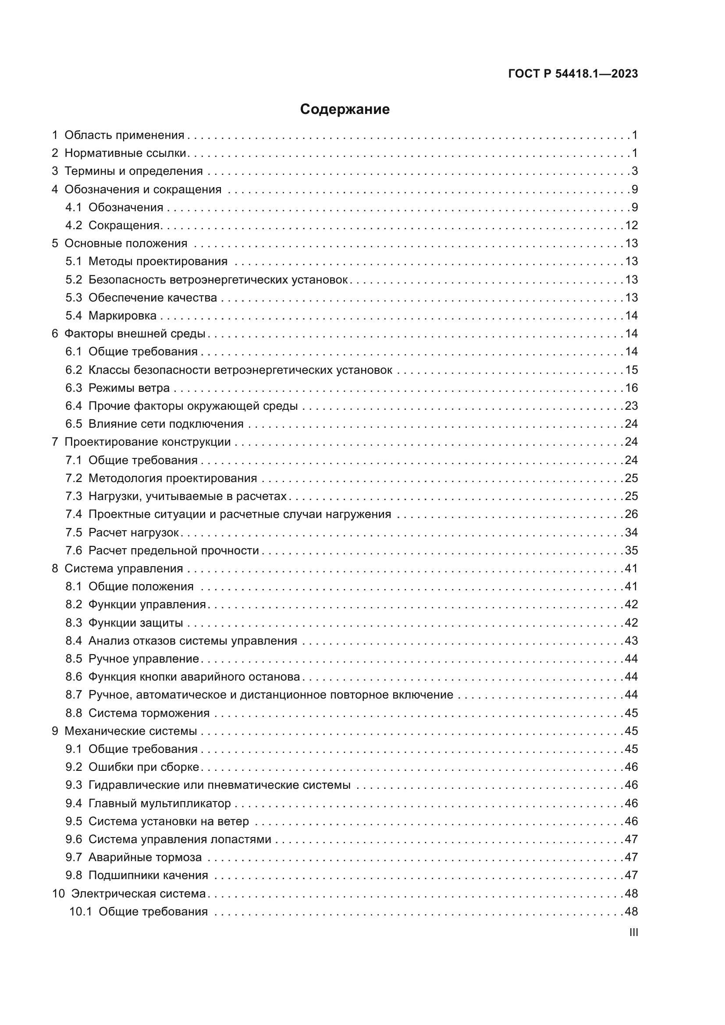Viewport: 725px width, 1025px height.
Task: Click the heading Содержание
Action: (345, 110)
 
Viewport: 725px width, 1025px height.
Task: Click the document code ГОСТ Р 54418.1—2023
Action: (573, 74)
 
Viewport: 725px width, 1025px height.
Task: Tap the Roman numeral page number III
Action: (633, 932)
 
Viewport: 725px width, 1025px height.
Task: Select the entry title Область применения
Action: (124, 135)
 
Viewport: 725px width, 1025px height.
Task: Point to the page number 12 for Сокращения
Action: (631, 225)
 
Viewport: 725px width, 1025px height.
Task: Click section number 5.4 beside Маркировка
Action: (74, 316)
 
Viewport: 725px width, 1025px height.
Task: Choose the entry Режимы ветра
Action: (129, 388)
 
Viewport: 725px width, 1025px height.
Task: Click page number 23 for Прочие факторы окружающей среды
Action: (631, 406)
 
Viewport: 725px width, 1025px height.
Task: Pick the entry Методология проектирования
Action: (172, 478)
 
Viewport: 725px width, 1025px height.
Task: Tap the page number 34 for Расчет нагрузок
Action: (631, 532)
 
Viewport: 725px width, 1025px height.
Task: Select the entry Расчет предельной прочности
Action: (173, 550)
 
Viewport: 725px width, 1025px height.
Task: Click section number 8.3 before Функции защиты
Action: (74, 623)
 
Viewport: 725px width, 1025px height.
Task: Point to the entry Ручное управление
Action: (143, 659)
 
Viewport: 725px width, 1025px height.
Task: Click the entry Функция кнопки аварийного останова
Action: (194, 677)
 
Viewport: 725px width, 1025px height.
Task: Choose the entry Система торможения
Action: (149, 713)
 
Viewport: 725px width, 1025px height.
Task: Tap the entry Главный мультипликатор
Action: (160, 804)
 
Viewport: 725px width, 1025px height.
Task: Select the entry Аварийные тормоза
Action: (145, 858)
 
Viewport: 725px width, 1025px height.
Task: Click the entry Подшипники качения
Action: (148, 876)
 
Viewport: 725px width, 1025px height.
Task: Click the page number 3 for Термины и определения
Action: (634, 171)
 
